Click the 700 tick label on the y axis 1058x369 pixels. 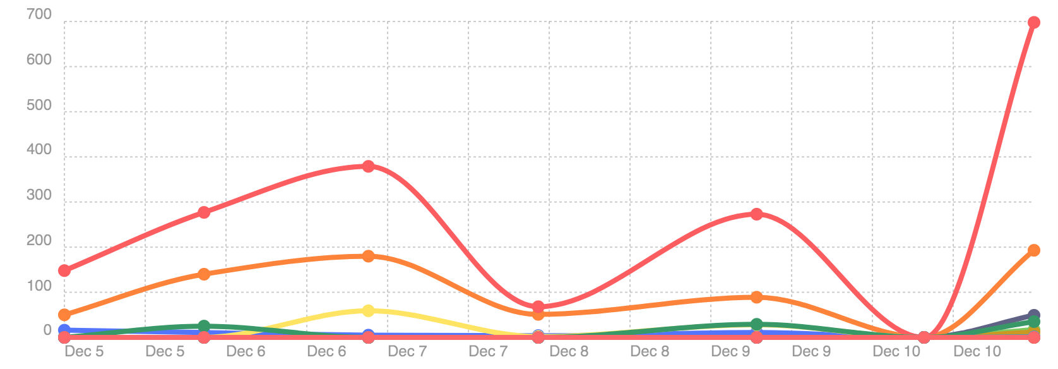point(39,15)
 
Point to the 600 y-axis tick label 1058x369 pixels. point(39,60)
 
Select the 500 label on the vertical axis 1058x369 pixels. point(39,106)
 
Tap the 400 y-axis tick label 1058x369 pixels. point(39,150)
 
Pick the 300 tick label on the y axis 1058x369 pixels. point(39,195)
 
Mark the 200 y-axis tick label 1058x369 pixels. point(39,241)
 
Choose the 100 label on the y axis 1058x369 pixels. point(39,286)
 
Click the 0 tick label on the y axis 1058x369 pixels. point(47,330)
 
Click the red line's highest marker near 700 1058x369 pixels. point(1034,23)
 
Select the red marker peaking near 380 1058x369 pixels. point(369,166)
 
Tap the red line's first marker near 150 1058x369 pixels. point(64,270)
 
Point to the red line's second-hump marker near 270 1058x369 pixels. point(757,214)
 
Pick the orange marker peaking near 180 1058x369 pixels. point(369,256)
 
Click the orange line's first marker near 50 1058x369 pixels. point(64,315)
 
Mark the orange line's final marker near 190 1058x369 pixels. point(1034,250)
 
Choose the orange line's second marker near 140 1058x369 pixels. point(204,274)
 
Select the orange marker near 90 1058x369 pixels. point(757,297)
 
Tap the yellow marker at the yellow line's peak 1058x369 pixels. point(369,311)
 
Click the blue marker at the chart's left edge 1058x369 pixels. point(64,330)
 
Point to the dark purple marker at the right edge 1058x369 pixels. point(1034,315)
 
